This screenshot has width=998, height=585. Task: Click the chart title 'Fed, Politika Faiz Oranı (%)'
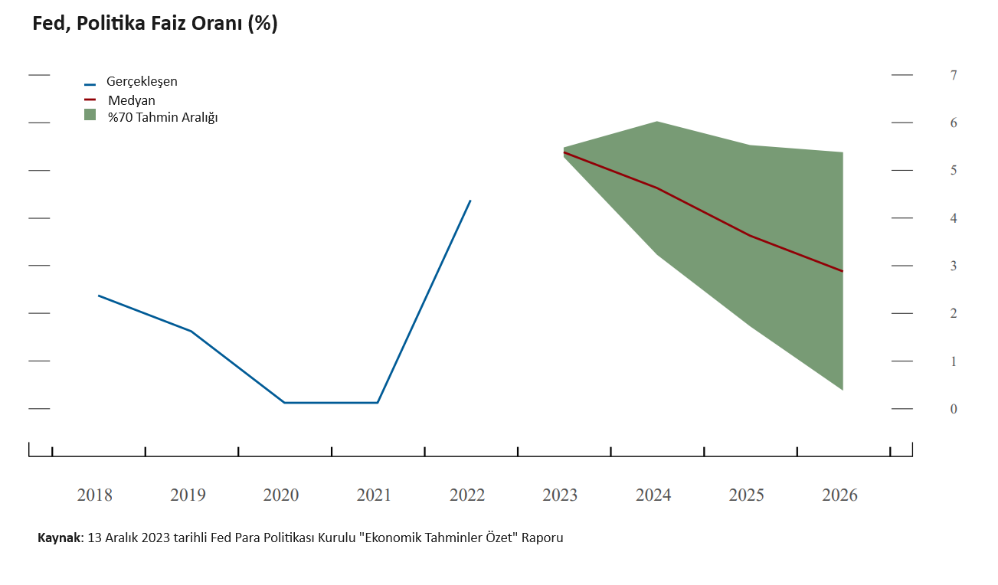point(155,24)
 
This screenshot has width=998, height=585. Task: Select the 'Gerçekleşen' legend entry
point(142,81)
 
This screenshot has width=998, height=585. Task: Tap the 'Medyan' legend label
point(132,100)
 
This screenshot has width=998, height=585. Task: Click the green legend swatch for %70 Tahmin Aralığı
point(90,115)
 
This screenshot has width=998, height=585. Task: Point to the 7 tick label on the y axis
point(953,75)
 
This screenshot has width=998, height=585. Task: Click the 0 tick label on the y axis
point(953,409)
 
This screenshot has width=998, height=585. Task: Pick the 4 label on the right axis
point(953,218)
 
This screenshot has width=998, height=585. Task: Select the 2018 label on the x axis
point(94,495)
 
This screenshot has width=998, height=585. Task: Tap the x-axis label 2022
point(467,495)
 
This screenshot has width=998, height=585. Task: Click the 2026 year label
point(839,495)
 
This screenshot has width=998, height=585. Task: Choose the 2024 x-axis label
point(653,495)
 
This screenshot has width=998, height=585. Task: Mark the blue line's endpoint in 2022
point(470,201)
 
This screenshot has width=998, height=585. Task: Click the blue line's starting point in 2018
point(99,296)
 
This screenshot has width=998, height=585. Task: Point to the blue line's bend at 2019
point(191,331)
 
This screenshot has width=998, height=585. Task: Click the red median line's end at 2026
point(843,271)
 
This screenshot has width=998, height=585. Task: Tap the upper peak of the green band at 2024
point(657,122)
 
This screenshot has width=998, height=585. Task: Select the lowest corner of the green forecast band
point(843,390)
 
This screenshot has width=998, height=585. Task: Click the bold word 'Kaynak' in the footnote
point(60,538)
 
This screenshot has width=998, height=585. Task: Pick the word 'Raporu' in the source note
point(542,538)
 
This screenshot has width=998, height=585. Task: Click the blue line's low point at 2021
point(378,403)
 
